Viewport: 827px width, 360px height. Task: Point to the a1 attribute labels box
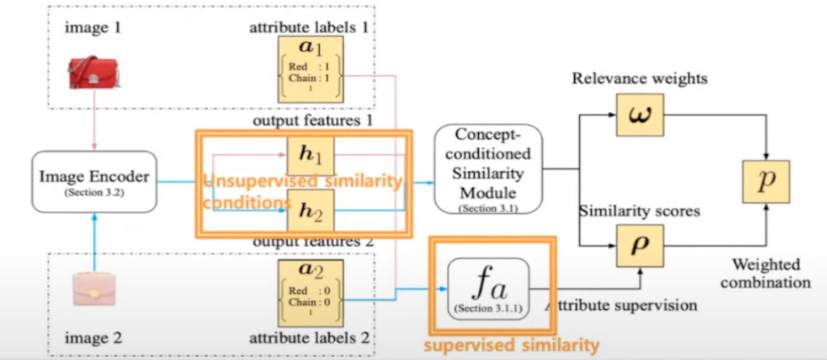[310, 68]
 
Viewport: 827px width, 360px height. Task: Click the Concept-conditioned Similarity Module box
[487, 170]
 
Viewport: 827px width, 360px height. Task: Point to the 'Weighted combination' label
[768, 274]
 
